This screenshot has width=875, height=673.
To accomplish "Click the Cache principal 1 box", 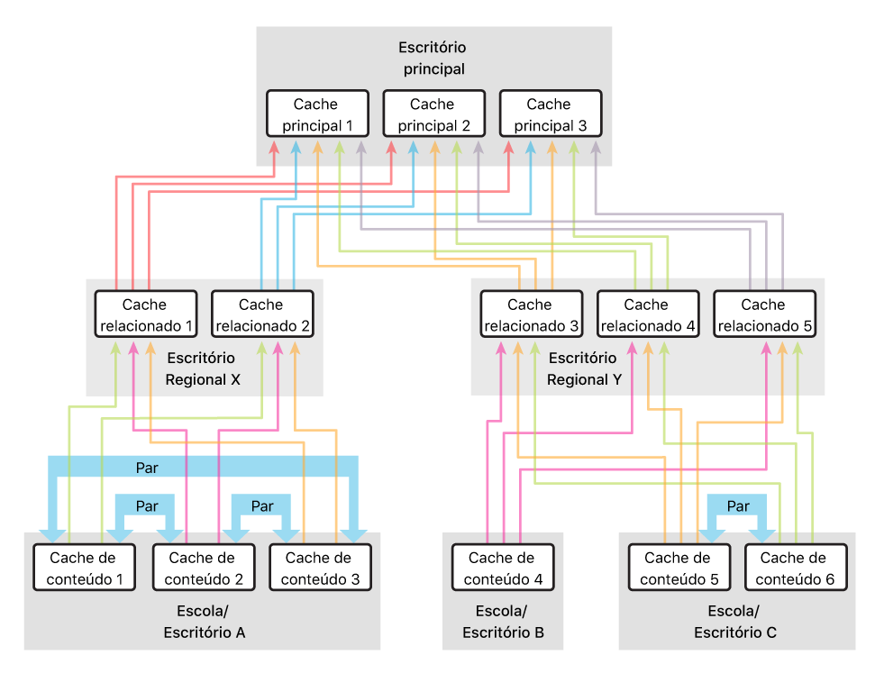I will click(317, 114).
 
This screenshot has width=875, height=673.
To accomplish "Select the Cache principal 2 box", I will click(433, 114).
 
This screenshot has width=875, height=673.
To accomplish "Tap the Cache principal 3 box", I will click(550, 114).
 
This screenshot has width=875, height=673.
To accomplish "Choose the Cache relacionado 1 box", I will click(145, 314).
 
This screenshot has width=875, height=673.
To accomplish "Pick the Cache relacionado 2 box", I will click(261, 314).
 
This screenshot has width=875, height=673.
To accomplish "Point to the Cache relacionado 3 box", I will click(531, 314).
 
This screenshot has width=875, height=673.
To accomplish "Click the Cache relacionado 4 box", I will click(647, 314).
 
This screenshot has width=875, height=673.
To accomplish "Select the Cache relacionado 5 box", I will click(764, 314).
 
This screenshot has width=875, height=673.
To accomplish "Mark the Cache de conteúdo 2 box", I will click(203, 568).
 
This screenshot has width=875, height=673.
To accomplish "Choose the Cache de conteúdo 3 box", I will click(320, 568).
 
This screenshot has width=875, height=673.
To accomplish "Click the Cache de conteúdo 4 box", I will click(502, 568).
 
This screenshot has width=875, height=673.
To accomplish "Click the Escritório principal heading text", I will click(433, 58).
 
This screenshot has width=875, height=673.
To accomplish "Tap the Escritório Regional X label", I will click(203, 368).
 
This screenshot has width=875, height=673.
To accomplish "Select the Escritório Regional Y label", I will click(584, 368).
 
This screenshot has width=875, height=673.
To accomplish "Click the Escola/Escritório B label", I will click(503, 622).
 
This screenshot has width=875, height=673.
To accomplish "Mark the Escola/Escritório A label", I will click(204, 622).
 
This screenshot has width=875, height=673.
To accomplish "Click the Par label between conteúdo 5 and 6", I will click(737, 506).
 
